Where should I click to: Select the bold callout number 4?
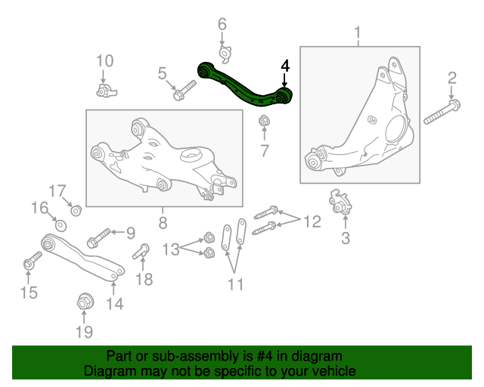[284, 67]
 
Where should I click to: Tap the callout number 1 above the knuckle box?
[357, 33]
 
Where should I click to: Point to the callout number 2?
[452, 77]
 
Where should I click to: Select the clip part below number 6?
[224, 53]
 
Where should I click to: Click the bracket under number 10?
[107, 91]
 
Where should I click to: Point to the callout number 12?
[312, 221]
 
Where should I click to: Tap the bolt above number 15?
[29, 263]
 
